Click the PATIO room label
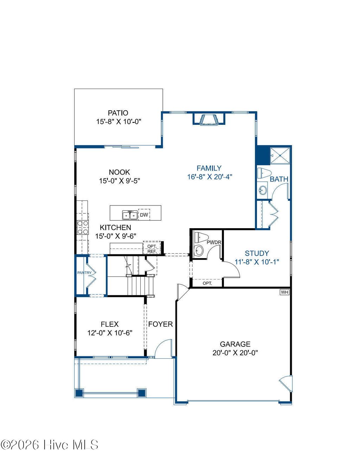tap(118, 113)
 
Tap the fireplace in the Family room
tap(209, 119)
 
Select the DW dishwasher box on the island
tap(144, 215)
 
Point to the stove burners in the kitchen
tap(83, 227)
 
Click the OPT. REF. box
tap(152, 249)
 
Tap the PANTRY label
tap(84, 273)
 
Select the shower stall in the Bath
tap(280, 155)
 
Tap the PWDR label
tap(214, 242)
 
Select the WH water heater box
tap(284, 292)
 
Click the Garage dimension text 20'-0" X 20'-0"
tap(235, 353)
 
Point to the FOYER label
tap(160, 324)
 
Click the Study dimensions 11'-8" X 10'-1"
tap(257, 262)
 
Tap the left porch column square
tap(79, 393)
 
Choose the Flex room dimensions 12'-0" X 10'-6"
tap(110, 333)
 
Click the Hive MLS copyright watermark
tap(50, 445)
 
